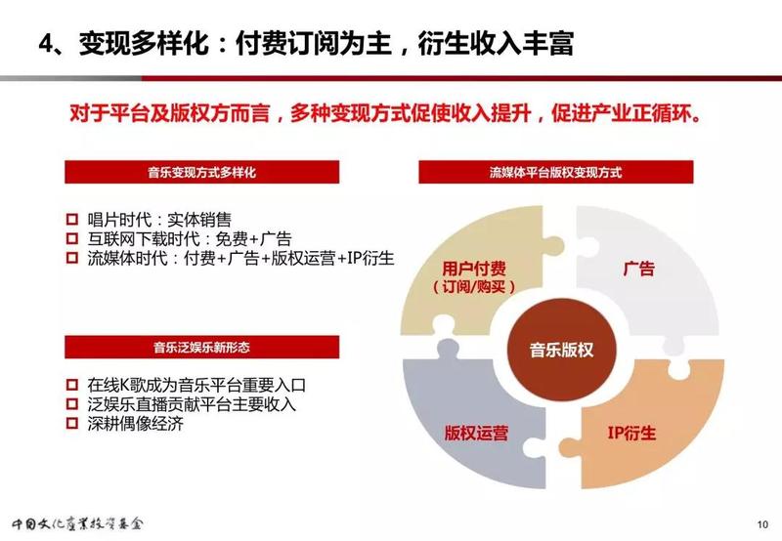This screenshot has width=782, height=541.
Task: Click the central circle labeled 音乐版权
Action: [561, 350]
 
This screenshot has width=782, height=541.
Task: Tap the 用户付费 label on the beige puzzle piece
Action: [474, 269]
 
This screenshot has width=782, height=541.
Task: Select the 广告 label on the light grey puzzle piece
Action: [638, 269]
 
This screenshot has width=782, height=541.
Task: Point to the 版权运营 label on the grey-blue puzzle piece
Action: [476, 433]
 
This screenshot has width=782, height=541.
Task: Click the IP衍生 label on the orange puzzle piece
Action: [631, 433]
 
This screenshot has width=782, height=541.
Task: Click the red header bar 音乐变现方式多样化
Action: [202, 172]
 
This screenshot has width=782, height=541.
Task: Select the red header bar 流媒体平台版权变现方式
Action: [555, 172]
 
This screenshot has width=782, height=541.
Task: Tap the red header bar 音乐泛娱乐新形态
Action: [202, 347]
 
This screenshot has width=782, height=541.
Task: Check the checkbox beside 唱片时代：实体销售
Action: [72, 219]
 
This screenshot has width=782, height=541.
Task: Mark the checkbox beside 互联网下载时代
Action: [72, 238]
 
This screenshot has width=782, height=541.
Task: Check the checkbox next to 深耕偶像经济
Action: [72, 424]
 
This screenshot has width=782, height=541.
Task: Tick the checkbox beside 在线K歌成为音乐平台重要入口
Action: [72, 385]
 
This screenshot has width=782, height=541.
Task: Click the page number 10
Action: [762, 524]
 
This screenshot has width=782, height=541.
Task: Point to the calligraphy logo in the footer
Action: [78, 523]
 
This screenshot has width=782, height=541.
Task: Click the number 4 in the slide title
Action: [46, 43]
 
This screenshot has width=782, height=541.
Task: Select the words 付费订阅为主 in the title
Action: [313, 43]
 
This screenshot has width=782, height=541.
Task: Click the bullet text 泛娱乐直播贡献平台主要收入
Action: [192, 404]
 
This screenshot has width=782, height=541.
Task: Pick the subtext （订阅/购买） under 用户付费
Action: [473, 287]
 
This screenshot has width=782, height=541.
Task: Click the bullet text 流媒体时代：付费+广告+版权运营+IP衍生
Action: [240, 258]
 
